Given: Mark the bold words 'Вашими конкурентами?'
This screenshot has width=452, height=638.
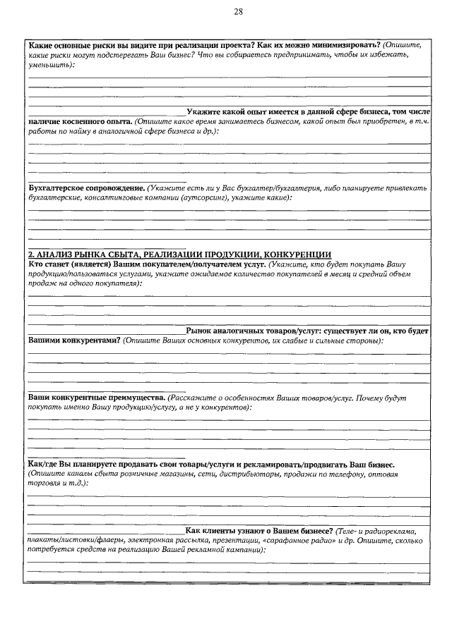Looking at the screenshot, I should click(73, 341).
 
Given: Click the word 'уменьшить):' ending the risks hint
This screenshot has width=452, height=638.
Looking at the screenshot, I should click(52, 64).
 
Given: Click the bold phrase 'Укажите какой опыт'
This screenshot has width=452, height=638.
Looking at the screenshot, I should click(227, 112).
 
